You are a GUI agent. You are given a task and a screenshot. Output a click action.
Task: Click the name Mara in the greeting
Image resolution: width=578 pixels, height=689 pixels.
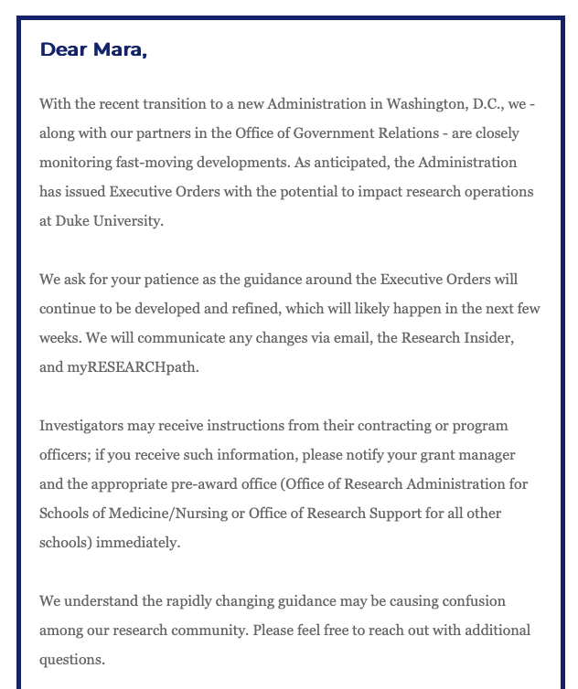(119, 49)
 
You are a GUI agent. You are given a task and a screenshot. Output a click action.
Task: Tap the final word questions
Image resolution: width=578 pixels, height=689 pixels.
(71, 659)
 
